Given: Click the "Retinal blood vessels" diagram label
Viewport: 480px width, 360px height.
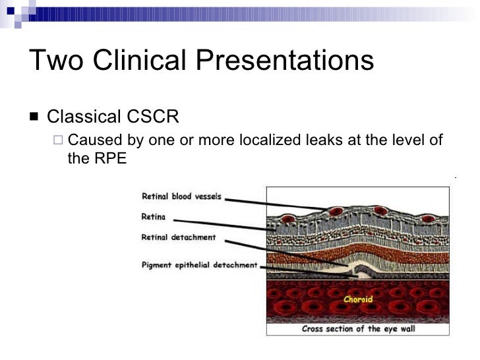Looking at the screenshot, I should coord(182,196).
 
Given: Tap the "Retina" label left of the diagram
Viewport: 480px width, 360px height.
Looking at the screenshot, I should coord(154,216).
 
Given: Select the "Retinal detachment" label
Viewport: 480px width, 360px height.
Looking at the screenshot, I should coord(179,237).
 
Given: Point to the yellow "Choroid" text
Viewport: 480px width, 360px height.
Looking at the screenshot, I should coord(358,299).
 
